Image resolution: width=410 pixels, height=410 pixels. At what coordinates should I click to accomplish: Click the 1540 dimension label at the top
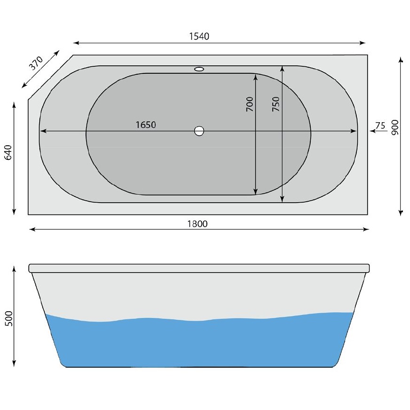coord(199,36)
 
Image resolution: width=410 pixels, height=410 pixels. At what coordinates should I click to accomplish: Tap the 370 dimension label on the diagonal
coord(36,63)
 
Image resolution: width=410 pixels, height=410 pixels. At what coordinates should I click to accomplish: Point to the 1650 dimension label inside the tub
coord(145,125)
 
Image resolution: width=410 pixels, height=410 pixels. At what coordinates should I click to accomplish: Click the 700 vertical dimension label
coord(249,104)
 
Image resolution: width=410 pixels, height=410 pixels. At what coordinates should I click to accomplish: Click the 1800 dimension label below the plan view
coord(197,223)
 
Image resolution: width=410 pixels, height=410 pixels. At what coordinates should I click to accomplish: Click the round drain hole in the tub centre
coord(199,131)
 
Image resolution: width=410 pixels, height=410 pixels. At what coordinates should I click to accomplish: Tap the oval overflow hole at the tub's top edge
coord(199,70)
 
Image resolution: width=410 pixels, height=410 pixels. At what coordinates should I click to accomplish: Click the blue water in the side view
coord(197,343)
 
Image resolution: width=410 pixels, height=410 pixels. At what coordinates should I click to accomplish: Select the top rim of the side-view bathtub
coord(199,268)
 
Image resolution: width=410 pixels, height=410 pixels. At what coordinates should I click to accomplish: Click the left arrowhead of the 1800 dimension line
coord(32,229)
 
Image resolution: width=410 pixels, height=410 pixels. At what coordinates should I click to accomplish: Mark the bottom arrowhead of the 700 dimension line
coord(255,191)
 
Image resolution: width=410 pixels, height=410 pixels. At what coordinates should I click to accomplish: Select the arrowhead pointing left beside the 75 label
coord(371,132)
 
